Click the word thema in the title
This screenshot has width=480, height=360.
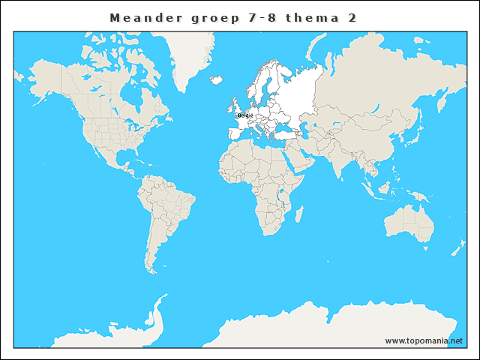click(x=313, y=16)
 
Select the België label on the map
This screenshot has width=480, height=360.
click(x=245, y=115)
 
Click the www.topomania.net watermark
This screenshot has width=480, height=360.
click(x=424, y=340)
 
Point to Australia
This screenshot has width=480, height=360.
click(x=409, y=221)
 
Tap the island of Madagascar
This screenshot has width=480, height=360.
click(x=298, y=215)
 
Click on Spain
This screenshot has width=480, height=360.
click(x=235, y=133)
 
